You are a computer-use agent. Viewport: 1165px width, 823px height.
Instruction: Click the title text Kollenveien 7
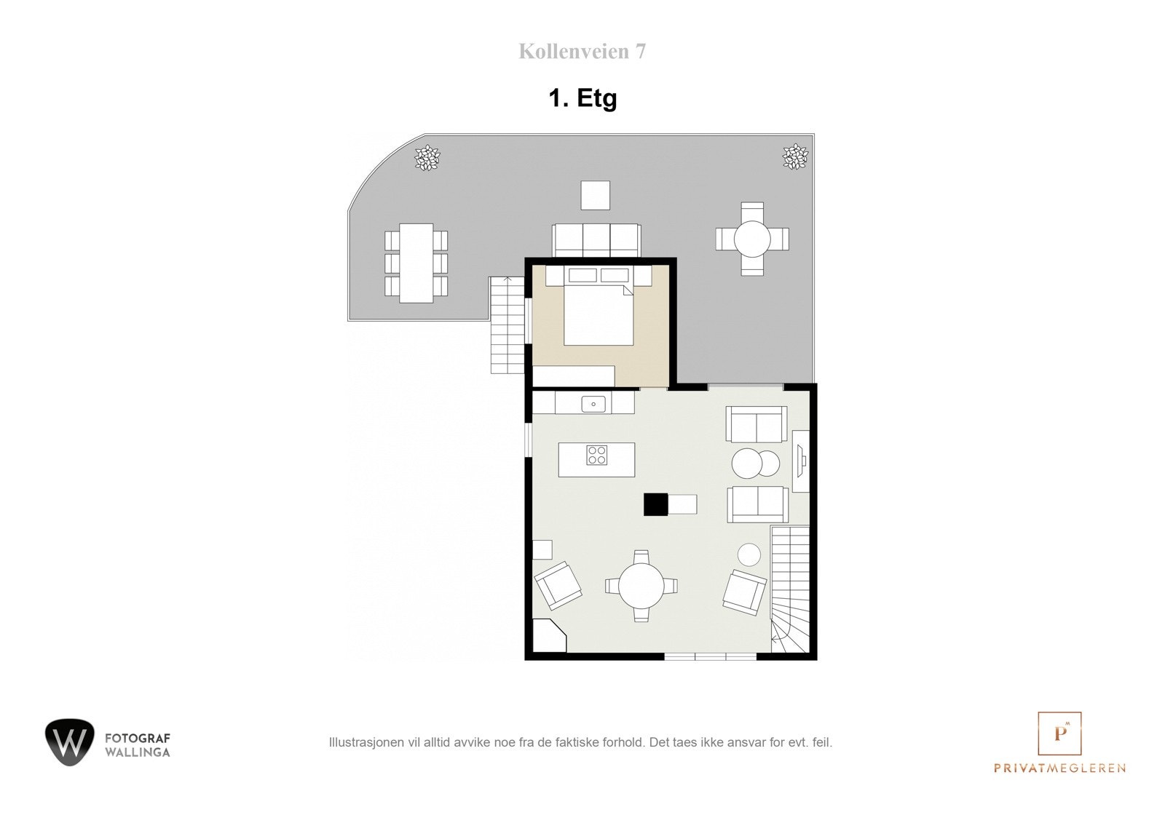point(582,52)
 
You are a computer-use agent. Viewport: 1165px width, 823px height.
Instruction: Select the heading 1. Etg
point(582,98)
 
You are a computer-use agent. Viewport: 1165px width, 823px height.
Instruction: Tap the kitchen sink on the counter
point(593,403)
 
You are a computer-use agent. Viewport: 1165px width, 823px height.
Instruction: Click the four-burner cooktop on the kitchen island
point(597,456)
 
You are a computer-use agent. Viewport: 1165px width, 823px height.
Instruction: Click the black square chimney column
point(655,504)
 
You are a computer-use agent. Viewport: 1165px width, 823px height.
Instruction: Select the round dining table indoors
point(641,586)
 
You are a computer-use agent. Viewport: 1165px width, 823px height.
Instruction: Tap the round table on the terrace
point(752,239)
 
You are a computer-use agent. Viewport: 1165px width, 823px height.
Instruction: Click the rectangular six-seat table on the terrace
point(416,263)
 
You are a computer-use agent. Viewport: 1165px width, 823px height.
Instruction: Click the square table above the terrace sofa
point(595,195)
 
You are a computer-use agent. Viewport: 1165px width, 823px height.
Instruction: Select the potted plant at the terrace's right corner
point(794,157)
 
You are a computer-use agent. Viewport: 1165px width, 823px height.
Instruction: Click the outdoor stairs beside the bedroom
point(508,326)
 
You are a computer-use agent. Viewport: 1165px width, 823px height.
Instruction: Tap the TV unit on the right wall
point(800,461)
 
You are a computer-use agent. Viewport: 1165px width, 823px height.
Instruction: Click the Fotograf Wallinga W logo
point(70,742)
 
